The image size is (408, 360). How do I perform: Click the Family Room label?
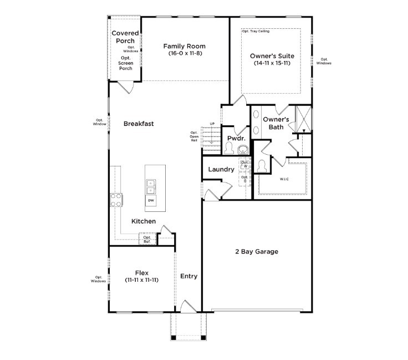185,47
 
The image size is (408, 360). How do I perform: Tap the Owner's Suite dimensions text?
272,64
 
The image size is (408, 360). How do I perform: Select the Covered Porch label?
125,37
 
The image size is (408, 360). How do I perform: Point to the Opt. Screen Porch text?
125,63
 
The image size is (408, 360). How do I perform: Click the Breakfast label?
139,124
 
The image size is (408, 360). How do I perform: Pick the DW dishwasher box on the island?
151,199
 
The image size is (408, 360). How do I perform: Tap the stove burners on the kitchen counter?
117,200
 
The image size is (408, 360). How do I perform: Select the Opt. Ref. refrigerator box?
147,240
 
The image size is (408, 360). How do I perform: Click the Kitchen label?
143,221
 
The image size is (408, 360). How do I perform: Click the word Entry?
189,276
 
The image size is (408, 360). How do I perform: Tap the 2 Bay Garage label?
256,252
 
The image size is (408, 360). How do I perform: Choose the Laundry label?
221,169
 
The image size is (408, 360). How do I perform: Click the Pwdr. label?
232,138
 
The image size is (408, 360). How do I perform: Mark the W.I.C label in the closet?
284,179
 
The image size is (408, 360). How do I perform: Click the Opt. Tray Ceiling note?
256,31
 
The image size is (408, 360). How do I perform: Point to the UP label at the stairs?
212,124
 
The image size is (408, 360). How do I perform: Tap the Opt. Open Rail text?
194,136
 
